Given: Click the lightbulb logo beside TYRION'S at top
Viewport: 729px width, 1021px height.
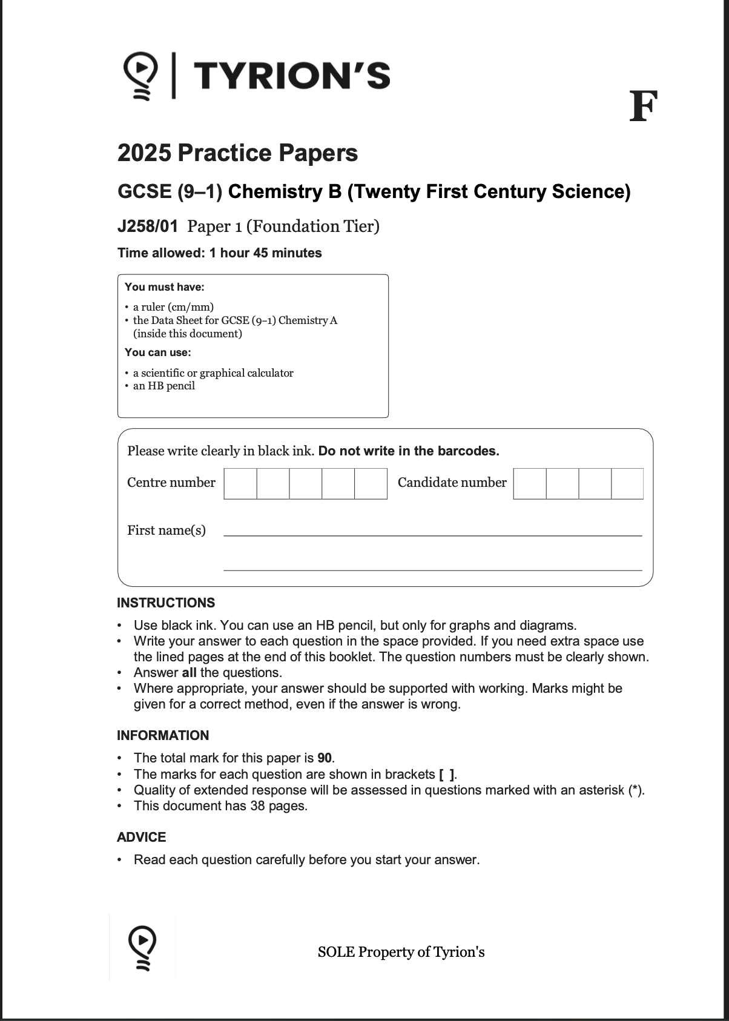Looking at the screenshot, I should pos(140,76).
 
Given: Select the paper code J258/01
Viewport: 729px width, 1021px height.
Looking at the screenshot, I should pos(148,226).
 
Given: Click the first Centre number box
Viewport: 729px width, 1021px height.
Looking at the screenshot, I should pos(240,483).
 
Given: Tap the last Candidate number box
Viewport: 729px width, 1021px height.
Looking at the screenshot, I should pos(627,483).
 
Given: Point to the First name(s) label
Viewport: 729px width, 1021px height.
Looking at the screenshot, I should pos(167,530).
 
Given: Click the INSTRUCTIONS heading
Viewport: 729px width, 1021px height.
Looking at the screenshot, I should pos(166,603).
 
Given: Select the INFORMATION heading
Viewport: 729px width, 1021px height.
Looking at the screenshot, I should pos(163,736).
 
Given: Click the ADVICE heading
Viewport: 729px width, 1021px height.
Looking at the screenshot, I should pos(141,838).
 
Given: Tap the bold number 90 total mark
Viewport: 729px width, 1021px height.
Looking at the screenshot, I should pos(325,758).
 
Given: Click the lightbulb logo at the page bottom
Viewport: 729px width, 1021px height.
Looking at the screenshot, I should pos(142,947).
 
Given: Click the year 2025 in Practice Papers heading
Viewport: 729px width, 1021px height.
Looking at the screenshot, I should pos(143,153).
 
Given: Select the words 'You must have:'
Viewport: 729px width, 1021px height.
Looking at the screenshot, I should pos(164,287).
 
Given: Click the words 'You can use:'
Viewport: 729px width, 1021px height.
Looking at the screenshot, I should pos(157,352).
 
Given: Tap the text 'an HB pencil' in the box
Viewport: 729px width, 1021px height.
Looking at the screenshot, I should pos(164,386).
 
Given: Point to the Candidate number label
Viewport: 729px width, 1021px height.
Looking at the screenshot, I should pos(452,483).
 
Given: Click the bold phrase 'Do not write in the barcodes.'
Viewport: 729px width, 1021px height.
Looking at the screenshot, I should pos(409,451).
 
